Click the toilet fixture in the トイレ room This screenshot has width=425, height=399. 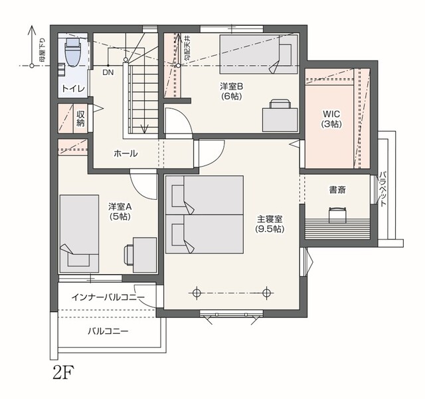pyautogui.click(x=73, y=52)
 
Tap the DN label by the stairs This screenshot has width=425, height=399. pyautogui.click(x=108, y=72)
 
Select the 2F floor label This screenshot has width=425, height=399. pyautogui.click(x=64, y=372)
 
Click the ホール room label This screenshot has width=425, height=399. pyautogui.click(x=126, y=153)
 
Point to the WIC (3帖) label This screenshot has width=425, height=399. pyautogui.click(x=331, y=118)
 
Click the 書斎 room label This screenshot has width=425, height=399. pyautogui.click(x=337, y=190)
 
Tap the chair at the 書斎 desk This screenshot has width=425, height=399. pyautogui.click(x=337, y=214)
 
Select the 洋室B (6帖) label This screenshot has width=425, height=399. pyautogui.click(x=231, y=91)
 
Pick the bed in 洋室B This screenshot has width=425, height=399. pyautogui.click(x=258, y=54)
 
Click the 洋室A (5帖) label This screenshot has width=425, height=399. pyautogui.click(x=120, y=211)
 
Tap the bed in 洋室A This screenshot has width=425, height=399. pyautogui.click(x=79, y=234)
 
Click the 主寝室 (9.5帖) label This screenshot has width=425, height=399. pyautogui.click(x=270, y=224)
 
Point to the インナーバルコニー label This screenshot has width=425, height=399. pyautogui.click(x=108, y=297)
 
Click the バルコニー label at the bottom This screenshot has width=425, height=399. pyautogui.click(x=108, y=331)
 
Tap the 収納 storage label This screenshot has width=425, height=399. pyautogui.click(x=80, y=118)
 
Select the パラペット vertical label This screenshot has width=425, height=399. pyautogui.click(x=382, y=189)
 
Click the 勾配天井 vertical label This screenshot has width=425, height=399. pyautogui.click(x=188, y=48)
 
